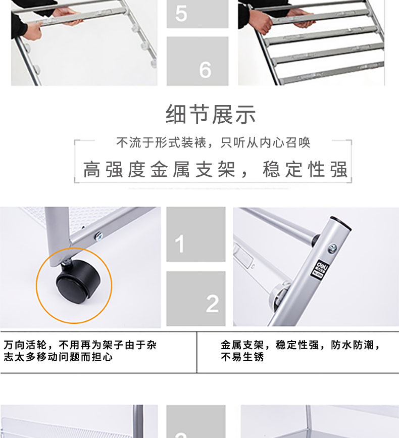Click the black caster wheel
[78, 282]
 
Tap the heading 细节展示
[211, 114]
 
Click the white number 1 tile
[196, 234]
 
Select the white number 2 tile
[196, 299]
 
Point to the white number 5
[181, 13]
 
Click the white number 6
[205, 70]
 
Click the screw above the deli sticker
[332, 248]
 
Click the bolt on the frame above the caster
[99, 236]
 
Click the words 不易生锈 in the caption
[242, 357]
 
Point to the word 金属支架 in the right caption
[242, 345]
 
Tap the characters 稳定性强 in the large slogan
[305, 169]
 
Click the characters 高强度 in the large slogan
[114, 169]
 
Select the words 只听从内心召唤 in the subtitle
[265, 142]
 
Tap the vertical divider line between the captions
[196, 352]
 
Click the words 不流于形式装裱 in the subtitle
[161, 142]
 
